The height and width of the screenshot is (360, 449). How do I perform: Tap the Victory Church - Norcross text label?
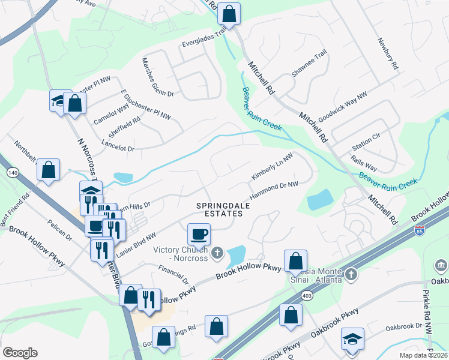pos(180,254)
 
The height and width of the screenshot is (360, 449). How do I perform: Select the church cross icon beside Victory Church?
pos(217,254)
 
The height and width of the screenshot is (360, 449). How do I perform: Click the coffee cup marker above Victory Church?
pos(199,234)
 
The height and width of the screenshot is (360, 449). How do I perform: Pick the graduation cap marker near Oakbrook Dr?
pos(352,339)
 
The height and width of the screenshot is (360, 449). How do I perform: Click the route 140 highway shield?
pos(12,173)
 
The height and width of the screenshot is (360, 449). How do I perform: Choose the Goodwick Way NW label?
pos(342,108)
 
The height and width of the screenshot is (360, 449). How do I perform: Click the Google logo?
pos(20,353)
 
